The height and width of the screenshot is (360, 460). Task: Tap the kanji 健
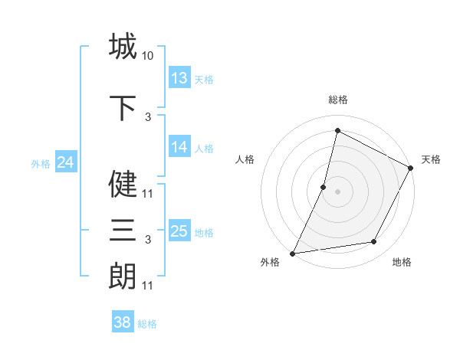(x=123, y=184)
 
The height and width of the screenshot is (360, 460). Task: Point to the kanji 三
(x=123, y=230)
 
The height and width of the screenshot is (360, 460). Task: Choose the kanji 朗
(x=123, y=276)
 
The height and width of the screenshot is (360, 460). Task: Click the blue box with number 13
(x=179, y=78)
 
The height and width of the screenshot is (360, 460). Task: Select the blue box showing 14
(x=179, y=148)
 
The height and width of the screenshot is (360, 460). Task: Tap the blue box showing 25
(x=179, y=231)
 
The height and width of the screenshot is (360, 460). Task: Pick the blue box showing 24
(x=65, y=162)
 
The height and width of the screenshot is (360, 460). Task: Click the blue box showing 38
(x=123, y=322)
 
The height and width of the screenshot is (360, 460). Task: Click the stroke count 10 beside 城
(x=147, y=56)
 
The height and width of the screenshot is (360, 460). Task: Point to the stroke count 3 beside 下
(x=148, y=117)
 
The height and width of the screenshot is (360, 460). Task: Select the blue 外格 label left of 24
(x=41, y=163)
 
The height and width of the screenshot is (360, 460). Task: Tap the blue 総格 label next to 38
(x=147, y=324)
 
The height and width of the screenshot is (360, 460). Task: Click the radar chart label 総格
(x=337, y=100)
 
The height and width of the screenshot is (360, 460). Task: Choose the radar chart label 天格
(x=431, y=159)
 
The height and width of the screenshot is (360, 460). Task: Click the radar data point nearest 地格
(x=374, y=242)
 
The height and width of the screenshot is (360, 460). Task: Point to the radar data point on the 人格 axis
(x=324, y=187)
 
